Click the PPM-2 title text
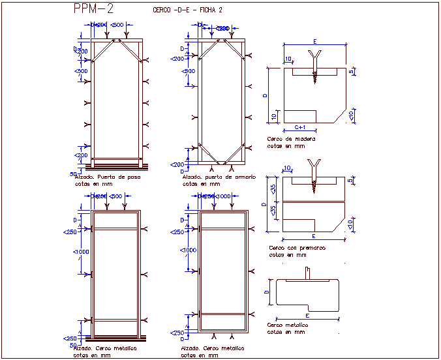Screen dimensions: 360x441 coord(94,8)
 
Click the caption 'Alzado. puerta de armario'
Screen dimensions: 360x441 coord(215,177)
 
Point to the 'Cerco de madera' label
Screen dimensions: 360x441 coord(291,139)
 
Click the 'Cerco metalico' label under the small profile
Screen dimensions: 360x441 coord(288,325)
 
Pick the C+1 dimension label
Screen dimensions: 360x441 coord(301,127)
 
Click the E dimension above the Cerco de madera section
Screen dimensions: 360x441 coord(314,41)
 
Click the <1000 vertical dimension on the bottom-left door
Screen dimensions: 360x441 coord(81,252)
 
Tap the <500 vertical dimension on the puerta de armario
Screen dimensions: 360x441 coord(189,71)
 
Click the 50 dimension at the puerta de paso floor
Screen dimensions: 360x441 coord(73,173)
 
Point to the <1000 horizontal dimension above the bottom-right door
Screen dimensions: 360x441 coord(224,196)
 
